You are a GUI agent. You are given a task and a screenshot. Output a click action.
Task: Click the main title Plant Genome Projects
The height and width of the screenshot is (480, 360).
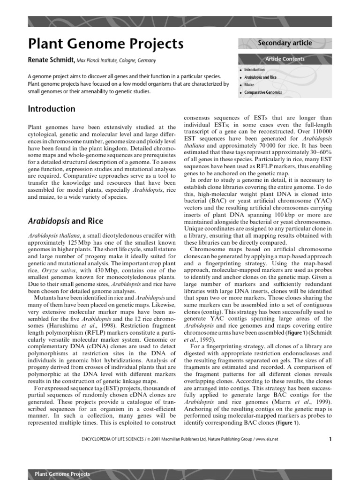click(x=106, y=44)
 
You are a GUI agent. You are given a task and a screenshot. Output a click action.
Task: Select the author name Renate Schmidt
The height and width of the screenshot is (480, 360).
click(x=52, y=60)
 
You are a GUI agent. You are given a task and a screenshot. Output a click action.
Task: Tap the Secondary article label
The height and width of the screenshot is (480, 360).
click(x=285, y=43)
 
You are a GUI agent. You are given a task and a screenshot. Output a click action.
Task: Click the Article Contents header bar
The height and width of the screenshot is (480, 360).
click(x=285, y=59)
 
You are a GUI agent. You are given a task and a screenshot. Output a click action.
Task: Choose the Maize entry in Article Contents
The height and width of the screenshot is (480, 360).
click(x=249, y=85)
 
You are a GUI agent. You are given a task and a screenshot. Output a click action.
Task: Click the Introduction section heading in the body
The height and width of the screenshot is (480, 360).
click(x=52, y=109)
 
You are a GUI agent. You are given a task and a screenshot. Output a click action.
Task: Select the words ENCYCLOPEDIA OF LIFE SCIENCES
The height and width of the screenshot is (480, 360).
click(x=109, y=439)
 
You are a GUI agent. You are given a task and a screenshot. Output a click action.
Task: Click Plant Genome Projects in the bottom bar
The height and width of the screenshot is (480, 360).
click(x=62, y=474)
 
